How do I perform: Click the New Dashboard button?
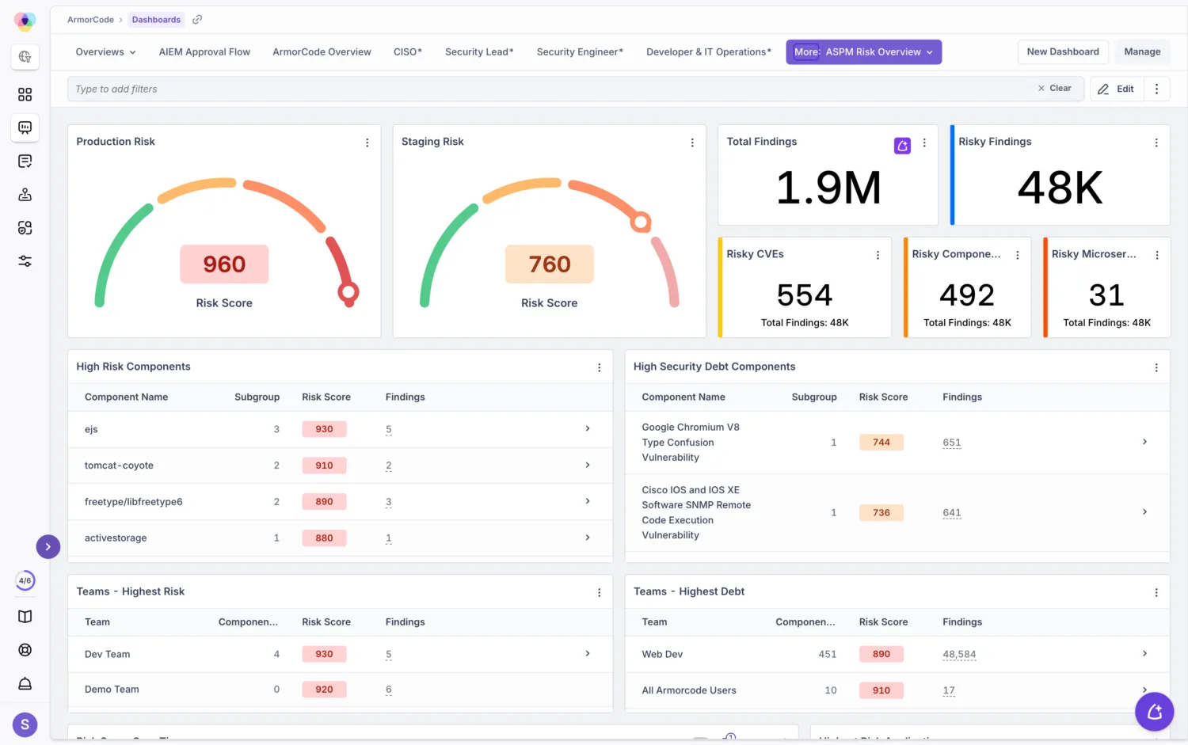click(1062, 51)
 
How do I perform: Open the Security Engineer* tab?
click(580, 51)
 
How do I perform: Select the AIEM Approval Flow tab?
click(204, 51)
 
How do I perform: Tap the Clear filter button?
click(1054, 88)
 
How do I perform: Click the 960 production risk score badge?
click(224, 264)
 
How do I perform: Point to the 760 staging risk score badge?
click(550, 264)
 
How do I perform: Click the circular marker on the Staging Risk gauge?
click(641, 222)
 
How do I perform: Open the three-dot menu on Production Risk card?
click(367, 142)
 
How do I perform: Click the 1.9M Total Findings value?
click(828, 187)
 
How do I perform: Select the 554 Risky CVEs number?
click(805, 295)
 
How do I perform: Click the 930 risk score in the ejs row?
click(324, 428)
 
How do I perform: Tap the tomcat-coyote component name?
click(119, 465)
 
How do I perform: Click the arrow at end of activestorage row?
click(588, 537)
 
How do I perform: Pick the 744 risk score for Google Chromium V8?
click(881, 442)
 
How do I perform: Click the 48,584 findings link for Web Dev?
click(959, 654)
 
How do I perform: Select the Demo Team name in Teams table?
click(112, 689)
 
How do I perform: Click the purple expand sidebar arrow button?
click(48, 546)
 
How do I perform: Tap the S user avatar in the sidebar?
click(25, 724)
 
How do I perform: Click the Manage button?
click(1142, 51)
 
